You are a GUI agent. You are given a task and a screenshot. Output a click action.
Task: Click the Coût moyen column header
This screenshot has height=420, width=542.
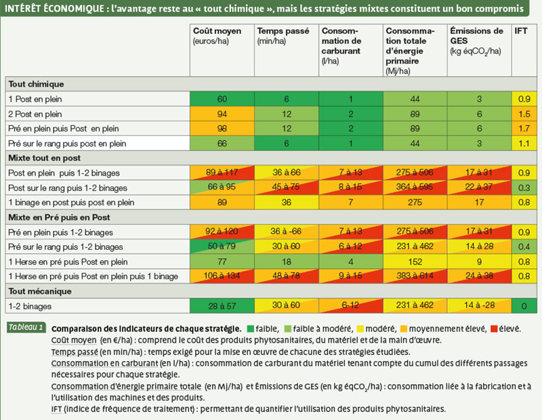pos(217,36)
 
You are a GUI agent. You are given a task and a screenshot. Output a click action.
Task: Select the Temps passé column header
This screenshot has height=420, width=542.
pos(283,36)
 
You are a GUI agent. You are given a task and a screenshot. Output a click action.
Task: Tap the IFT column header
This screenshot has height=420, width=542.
pos(520,30)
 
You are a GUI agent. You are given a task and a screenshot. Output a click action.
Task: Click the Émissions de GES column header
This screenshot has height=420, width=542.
pos(476,41)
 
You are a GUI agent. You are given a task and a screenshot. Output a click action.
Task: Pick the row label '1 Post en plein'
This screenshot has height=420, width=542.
pos(35,99)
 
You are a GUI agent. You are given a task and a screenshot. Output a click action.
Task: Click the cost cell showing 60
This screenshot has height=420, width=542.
pos(222,99)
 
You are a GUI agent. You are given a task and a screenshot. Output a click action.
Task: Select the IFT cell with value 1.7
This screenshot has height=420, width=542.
pos(524,129)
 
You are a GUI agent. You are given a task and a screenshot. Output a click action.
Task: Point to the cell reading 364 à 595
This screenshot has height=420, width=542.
pos(415,187)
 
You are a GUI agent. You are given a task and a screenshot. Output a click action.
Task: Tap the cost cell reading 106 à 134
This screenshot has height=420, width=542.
pos(222,276)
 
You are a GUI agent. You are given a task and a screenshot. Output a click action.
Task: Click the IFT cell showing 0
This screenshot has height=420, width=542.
pos(524,306)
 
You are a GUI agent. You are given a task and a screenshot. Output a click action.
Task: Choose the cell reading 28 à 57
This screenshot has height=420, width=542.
pos(222,306)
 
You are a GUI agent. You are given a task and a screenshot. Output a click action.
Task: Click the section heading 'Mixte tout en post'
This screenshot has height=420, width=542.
pos(45,158)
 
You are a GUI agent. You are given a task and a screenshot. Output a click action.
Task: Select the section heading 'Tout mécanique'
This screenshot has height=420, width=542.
pos(40,291)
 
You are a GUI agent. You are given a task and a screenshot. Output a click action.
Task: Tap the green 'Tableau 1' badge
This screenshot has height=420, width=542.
pos(26,327)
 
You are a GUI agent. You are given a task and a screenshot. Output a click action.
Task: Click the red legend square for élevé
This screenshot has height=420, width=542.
pos(494,329)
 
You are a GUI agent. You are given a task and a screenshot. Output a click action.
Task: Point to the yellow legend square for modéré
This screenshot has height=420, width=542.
pos(360,329)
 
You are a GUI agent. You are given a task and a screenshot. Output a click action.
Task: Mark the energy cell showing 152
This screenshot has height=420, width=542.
pos(415,261)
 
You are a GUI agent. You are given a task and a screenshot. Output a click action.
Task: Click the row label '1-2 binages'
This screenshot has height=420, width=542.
pos(30,306)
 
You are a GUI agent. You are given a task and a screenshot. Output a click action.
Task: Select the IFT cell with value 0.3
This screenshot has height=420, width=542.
pos(524,188)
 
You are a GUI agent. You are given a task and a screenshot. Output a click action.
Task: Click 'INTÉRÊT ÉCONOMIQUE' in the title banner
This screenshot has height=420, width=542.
pos(54,8)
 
